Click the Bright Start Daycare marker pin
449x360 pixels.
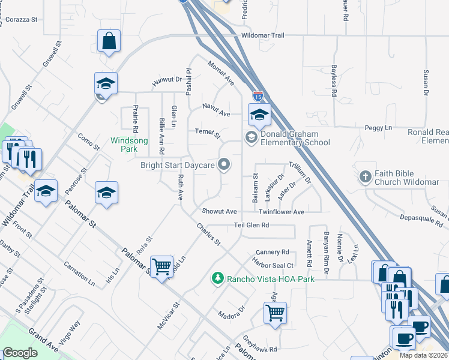(224, 164)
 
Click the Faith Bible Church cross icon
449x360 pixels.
(365, 177)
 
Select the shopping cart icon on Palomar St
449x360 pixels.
(162, 266)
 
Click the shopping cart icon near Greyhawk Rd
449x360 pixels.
(275, 312)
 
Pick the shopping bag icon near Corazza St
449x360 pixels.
(109, 41)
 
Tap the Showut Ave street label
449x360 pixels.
(219, 211)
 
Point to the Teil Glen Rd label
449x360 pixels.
(251, 225)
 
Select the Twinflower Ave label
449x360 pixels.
(282, 212)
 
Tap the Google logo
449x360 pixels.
(20, 353)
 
